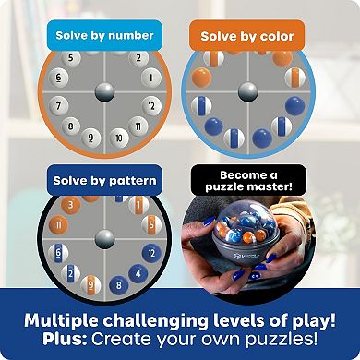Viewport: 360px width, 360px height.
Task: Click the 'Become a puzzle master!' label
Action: tap(246, 179)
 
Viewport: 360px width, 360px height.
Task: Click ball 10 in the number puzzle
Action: tap(119, 138)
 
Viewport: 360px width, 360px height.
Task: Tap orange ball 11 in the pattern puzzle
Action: tap(57, 224)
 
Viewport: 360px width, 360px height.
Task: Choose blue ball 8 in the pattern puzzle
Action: tap(119, 285)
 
